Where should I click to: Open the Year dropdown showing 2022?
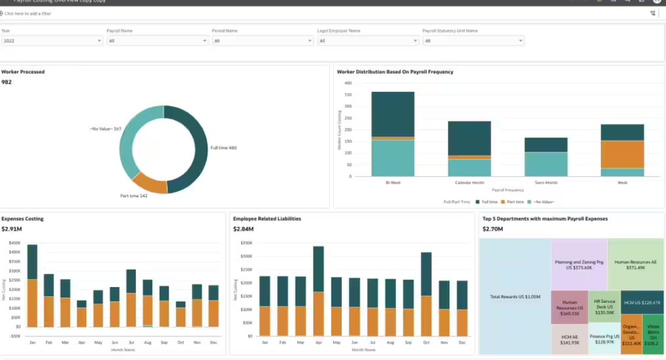(52, 41)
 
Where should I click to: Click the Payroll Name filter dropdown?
(157, 41)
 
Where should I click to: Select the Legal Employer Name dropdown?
(367, 41)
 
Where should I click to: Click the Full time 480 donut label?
(223, 148)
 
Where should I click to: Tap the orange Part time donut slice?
(149, 183)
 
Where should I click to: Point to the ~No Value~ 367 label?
(106, 129)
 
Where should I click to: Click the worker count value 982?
(7, 82)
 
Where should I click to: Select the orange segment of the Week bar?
(622, 154)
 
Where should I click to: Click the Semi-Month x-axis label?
(545, 182)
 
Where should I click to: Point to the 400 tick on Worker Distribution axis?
(348, 83)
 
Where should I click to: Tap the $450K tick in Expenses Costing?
(15, 243)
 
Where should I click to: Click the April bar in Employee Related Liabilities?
(318, 291)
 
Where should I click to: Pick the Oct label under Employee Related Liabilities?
(426, 343)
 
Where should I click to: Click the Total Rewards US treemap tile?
(515, 296)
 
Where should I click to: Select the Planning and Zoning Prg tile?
(579, 264)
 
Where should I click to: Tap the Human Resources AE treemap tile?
(635, 264)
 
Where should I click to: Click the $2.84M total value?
(243, 229)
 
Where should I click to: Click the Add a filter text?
(28, 13)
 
